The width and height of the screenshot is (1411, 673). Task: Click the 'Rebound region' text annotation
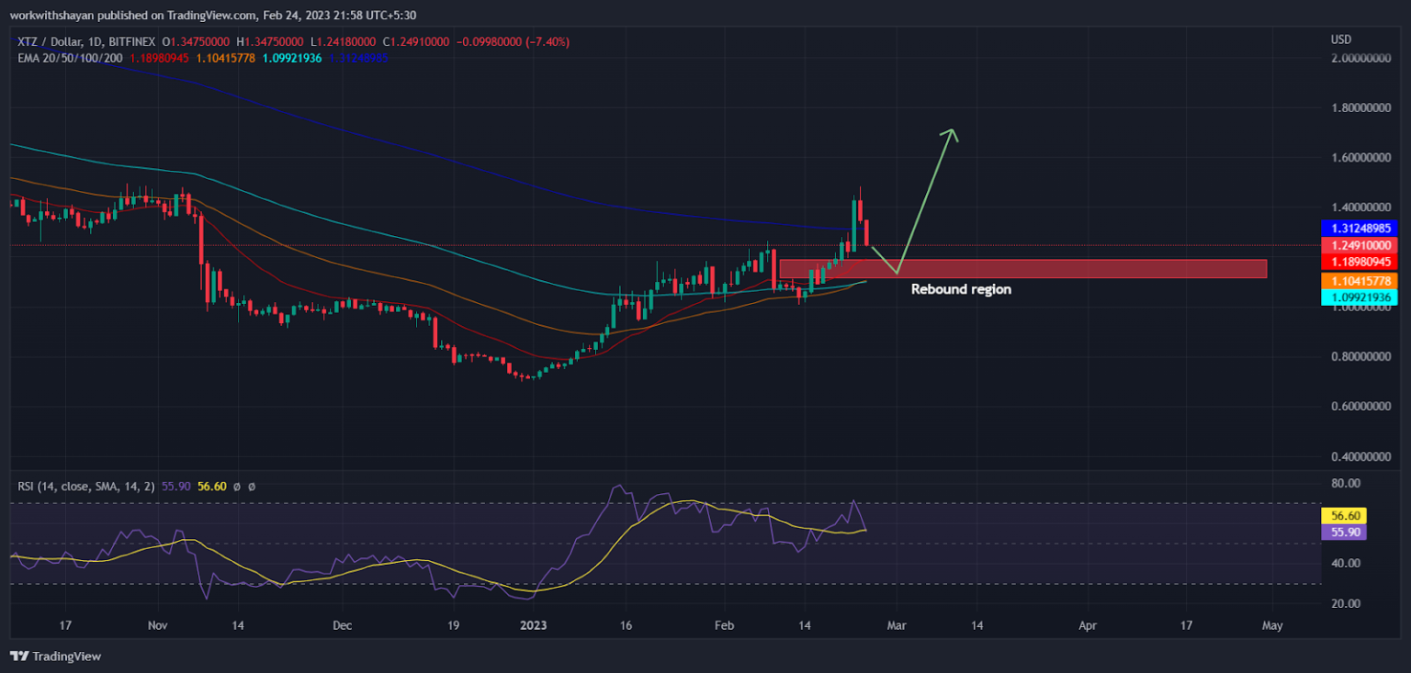click(x=961, y=289)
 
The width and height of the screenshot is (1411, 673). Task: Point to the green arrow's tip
click(x=954, y=130)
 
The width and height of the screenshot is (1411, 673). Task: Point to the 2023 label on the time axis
click(x=533, y=626)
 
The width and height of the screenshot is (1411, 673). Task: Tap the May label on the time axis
click(x=1272, y=626)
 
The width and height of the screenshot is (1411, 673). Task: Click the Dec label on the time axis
click(x=342, y=626)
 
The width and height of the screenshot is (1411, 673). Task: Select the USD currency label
click(x=1340, y=39)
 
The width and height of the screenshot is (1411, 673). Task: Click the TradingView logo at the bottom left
click(x=56, y=656)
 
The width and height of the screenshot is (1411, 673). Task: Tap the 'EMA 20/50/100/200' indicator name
click(x=70, y=57)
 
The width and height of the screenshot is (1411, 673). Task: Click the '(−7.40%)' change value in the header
click(x=545, y=41)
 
